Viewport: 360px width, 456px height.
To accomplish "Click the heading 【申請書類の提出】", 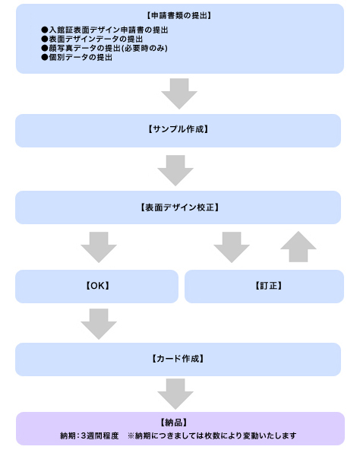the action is (178, 15).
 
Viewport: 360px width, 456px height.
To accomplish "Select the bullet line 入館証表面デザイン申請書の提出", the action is (105, 30).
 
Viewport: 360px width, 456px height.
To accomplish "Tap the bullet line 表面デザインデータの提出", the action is (92, 39).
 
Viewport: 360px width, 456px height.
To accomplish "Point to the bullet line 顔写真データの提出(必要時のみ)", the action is (105, 48).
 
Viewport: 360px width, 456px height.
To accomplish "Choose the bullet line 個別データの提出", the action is (77, 57).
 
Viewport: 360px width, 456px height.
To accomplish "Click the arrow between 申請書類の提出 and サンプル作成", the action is (179, 93).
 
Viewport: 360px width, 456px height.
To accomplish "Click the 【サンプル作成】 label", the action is (178, 129).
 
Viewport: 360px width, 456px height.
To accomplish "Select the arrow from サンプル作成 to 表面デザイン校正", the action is (175, 170).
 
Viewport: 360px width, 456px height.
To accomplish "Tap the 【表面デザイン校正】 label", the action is (179, 207).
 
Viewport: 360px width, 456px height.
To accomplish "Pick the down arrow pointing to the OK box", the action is (99, 247).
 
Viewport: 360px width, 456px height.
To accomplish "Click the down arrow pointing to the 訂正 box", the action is (232, 247).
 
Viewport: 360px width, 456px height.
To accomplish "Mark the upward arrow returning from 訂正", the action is (298, 246).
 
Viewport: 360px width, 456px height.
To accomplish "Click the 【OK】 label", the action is (98, 286).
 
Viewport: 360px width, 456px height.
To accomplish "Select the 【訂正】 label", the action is (268, 286).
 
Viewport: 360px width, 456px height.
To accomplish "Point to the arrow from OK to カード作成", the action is (99, 324).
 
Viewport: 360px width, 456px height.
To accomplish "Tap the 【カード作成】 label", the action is (178, 359).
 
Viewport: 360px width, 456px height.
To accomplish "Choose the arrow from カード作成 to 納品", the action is (175, 394).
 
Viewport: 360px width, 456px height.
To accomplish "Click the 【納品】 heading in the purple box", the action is (174, 423).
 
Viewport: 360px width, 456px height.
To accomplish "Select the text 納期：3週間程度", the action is (90, 435).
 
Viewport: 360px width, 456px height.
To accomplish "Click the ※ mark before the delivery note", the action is (131, 435).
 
